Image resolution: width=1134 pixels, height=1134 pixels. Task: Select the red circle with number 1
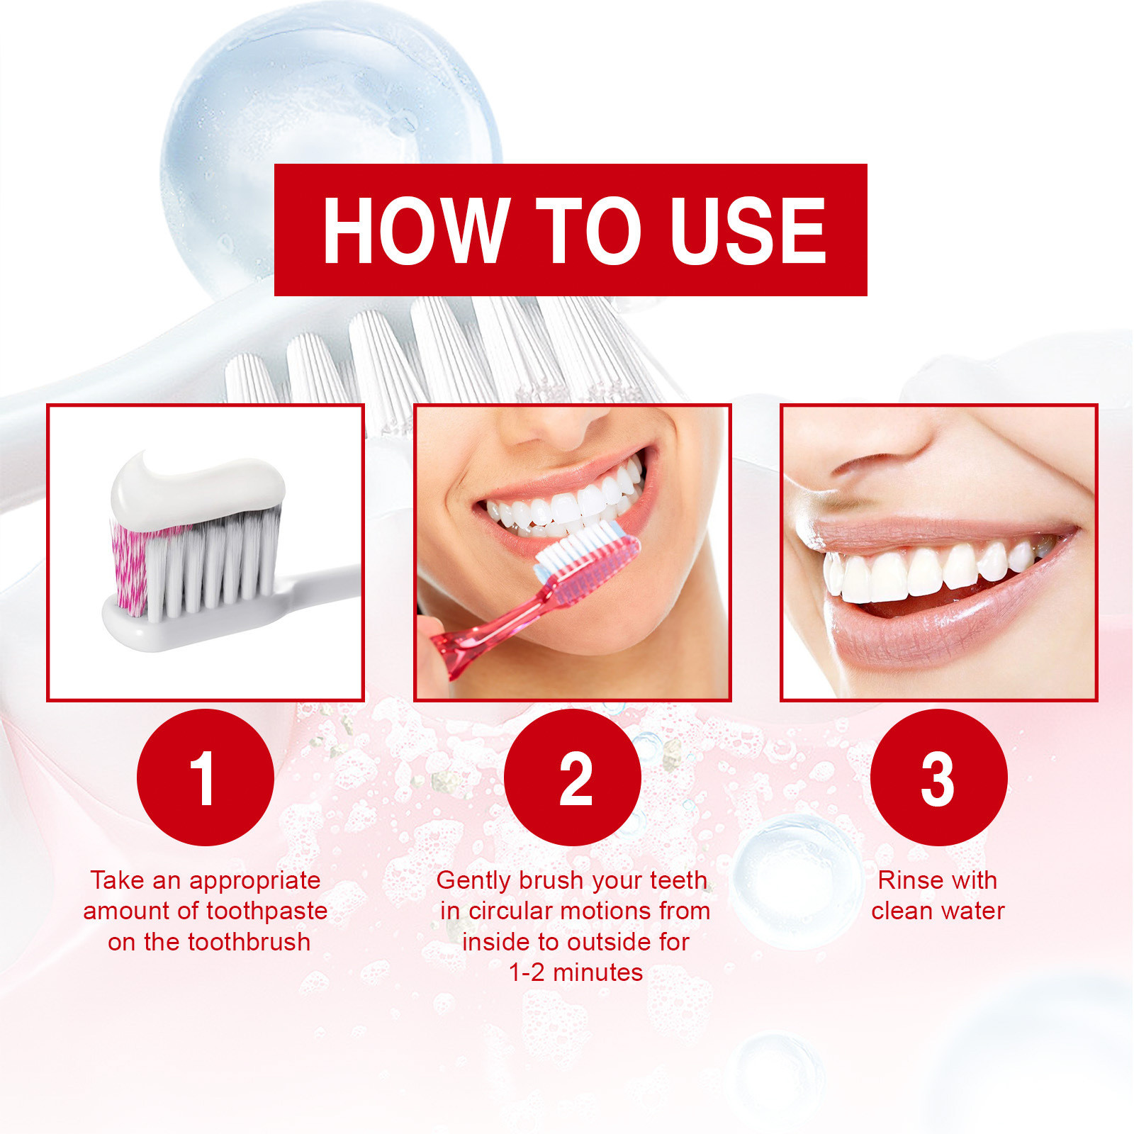206,777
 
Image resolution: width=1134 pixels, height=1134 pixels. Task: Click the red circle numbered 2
573,777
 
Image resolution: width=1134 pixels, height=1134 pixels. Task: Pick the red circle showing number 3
938,777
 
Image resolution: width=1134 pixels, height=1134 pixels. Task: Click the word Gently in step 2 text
474,881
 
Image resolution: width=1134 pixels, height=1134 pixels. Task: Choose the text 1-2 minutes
576,972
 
